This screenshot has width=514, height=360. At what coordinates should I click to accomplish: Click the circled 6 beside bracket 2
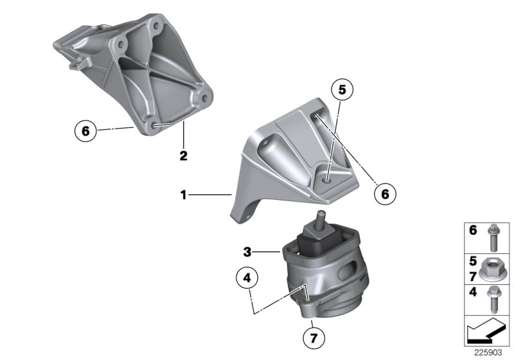coord(83,131)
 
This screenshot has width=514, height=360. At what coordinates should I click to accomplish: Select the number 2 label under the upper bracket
coord(183,155)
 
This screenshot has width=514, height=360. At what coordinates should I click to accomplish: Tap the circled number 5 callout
coord(342,91)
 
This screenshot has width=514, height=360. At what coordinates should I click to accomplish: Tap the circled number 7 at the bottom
coord(313,336)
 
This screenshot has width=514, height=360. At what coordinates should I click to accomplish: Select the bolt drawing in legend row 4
coord(495,300)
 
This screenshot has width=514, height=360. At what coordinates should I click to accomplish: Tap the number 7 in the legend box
coord(473,276)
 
